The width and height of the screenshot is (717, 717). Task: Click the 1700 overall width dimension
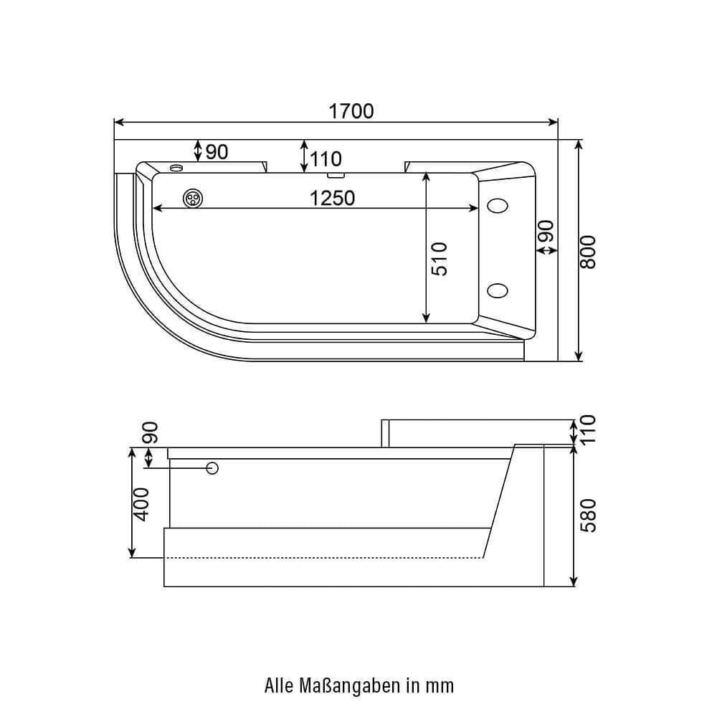point(351,111)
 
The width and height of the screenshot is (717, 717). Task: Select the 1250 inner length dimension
point(332,198)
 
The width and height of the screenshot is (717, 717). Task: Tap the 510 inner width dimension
point(440,258)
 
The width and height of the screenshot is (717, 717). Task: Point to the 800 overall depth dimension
point(588,252)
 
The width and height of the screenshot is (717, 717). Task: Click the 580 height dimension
point(588,515)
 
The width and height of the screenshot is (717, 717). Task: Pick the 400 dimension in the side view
point(141,503)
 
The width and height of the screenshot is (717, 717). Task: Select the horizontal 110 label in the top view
point(326,158)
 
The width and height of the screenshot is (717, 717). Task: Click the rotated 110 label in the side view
point(588,429)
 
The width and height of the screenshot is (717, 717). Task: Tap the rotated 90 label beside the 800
point(546,232)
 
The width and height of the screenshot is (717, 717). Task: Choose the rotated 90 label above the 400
point(150,432)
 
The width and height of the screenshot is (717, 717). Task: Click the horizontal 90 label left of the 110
point(217,152)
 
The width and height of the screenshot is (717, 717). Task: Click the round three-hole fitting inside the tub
point(193,199)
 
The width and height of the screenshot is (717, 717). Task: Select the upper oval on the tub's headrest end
point(497,206)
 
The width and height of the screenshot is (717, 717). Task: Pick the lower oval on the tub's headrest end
point(497,290)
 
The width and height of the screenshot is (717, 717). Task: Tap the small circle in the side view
point(212,468)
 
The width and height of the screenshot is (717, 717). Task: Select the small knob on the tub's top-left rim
point(176,168)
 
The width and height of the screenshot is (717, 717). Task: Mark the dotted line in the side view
point(323,557)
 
